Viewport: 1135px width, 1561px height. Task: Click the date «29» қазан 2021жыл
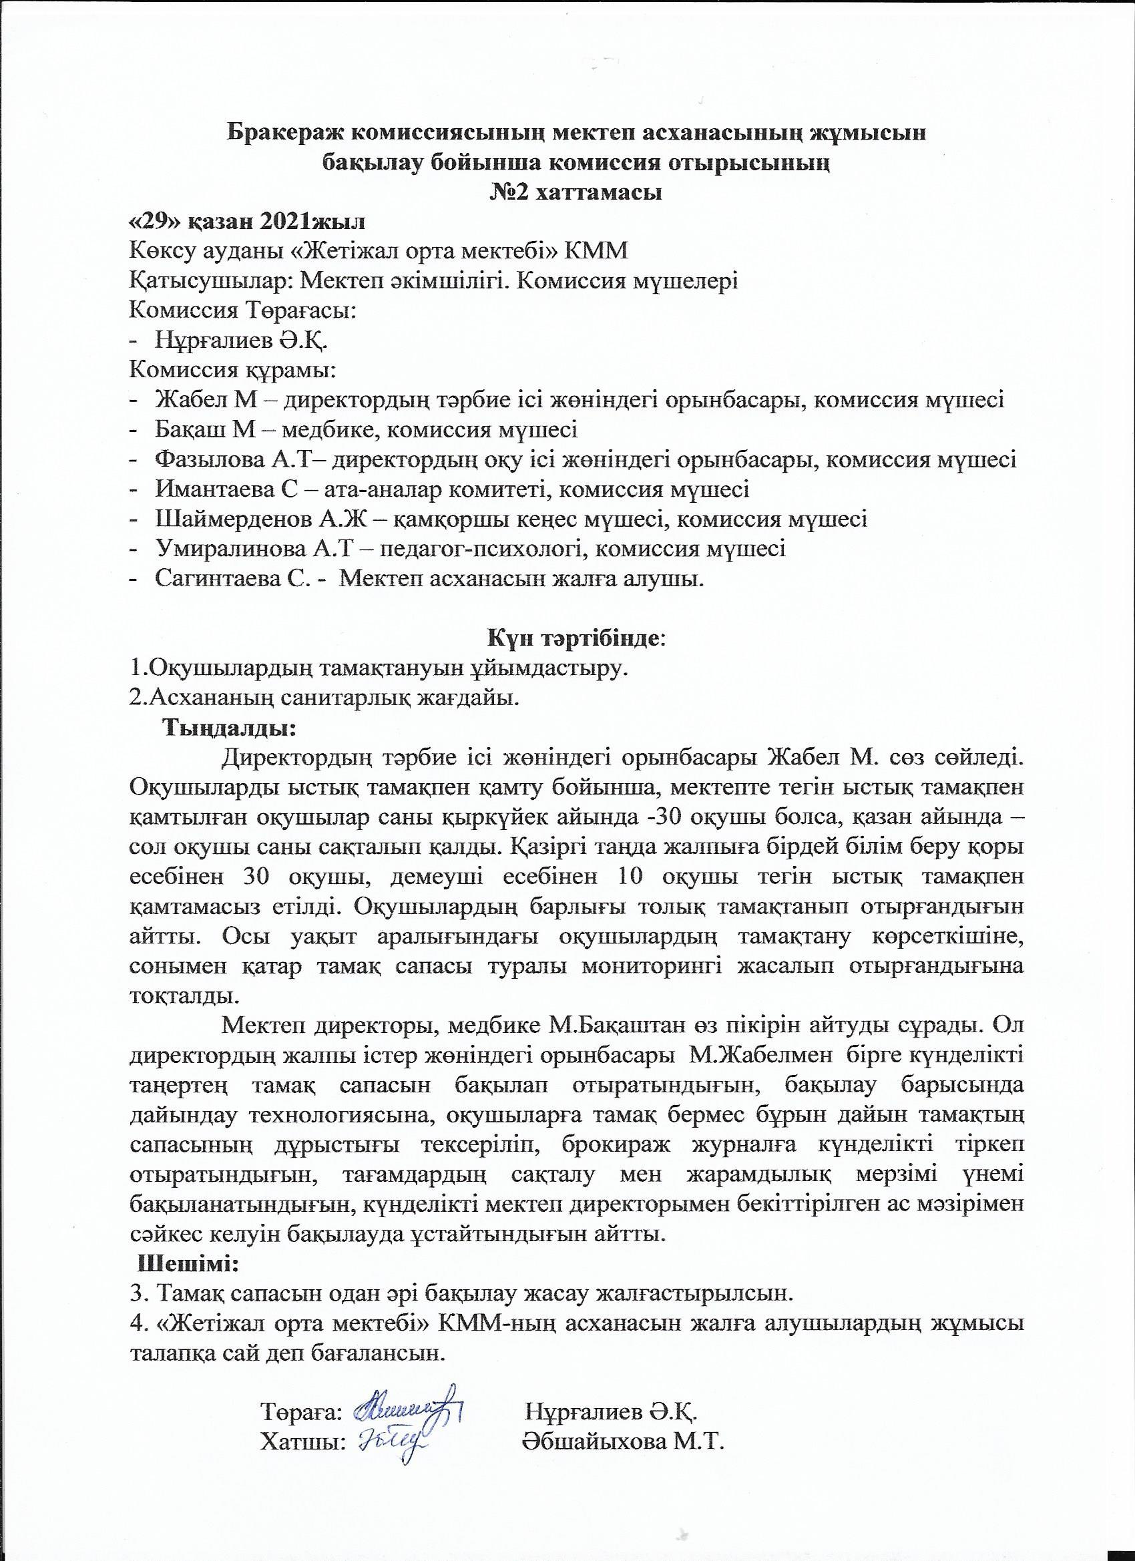tap(247, 222)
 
